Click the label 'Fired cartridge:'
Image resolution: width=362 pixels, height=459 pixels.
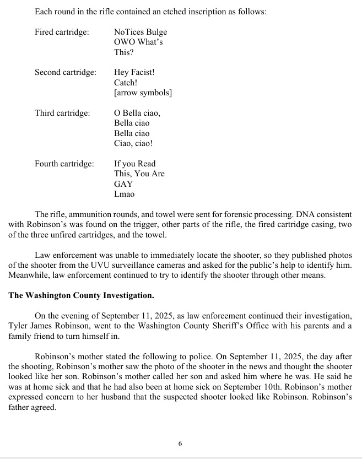point(62,32)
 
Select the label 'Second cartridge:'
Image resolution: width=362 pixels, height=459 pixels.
point(66,72)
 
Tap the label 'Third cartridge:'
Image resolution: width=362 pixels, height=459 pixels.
point(62,113)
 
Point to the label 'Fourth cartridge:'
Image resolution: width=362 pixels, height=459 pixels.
point(64,164)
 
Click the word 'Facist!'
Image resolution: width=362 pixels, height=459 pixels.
point(143,72)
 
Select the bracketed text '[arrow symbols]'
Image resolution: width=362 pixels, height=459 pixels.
point(143,93)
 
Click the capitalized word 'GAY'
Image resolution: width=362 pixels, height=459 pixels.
point(123,184)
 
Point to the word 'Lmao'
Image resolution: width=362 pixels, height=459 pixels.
point(124,194)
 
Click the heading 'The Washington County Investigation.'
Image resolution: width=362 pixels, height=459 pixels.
point(82,295)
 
